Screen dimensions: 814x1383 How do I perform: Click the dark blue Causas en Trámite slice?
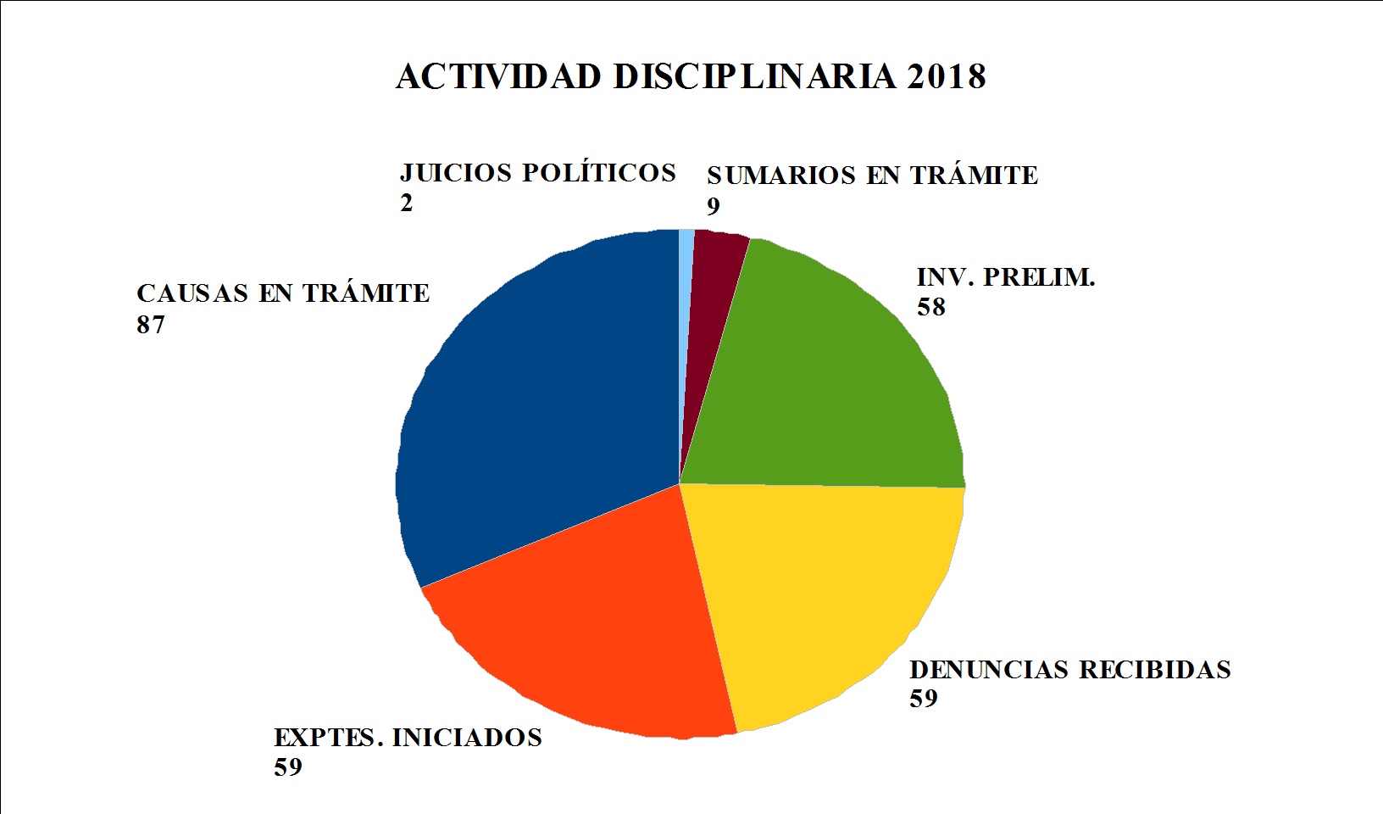(x=534, y=407)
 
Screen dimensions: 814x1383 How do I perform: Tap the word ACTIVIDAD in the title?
(x=499, y=76)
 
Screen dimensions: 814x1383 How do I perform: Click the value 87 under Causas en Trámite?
(x=150, y=325)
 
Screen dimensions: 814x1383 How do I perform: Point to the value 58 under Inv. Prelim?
(x=930, y=307)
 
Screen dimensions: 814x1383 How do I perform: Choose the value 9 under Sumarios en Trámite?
(x=714, y=206)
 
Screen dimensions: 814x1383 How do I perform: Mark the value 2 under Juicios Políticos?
(x=406, y=204)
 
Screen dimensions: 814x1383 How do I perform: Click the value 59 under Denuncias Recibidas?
(x=925, y=700)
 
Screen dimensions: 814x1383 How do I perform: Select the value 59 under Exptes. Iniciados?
(x=288, y=767)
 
